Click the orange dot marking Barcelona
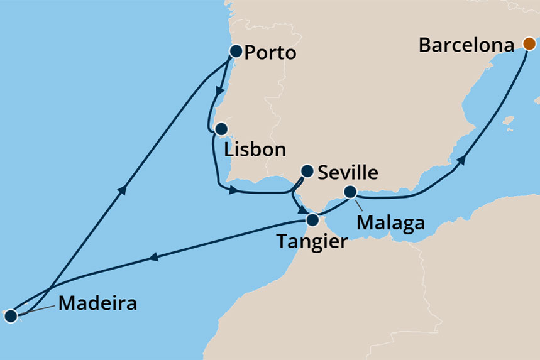[x=529, y=44]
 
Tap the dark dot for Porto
[x=235, y=52]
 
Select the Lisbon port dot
[x=221, y=129]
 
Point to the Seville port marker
[x=307, y=170]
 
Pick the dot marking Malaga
[x=351, y=191]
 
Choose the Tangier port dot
[x=312, y=220]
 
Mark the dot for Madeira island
[x=10, y=316]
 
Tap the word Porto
[x=270, y=53]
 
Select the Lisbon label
[x=255, y=151]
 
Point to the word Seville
[x=348, y=172]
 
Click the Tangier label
[x=312, y=241]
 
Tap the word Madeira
[x=97, y=304]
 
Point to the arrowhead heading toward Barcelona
[x=462, y=160]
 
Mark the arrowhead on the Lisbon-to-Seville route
[x=234, y=189]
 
